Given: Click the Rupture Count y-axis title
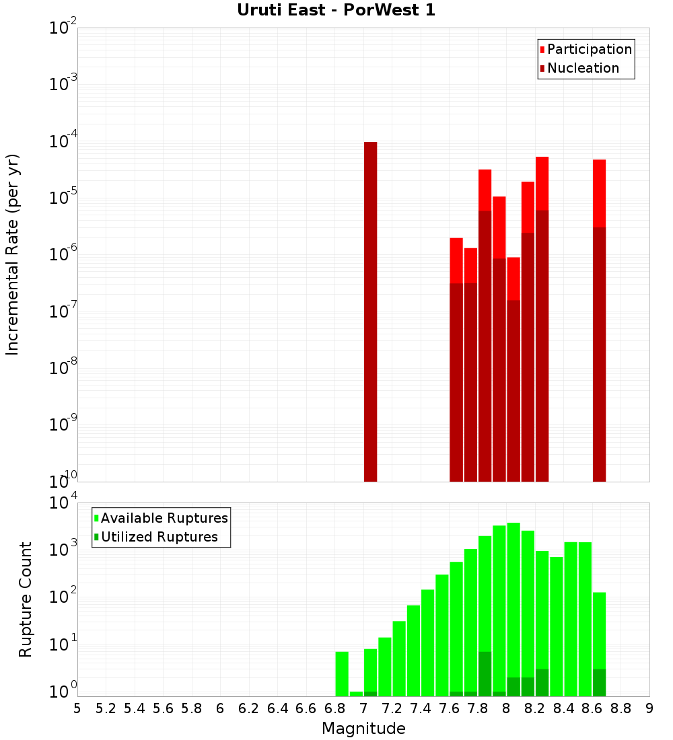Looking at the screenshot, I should pyautogui.click(x=26, y=599).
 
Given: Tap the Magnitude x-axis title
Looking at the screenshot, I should pyautogui.click(x=363, y=729).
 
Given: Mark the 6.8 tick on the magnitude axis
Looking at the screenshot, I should pyautogui.click(x=334, y=708).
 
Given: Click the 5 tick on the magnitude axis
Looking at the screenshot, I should pyautogui.click(x=77, y=708).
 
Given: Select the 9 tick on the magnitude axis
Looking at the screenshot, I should pyautogui.click(x=649, y=708).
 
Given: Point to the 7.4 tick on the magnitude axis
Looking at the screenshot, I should pyautogui.click(x=421, y=708).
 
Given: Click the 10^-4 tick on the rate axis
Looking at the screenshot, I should pyautogui.click(x=63, y=142).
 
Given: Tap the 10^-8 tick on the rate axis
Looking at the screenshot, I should pyautogui.click(x=63, y=369).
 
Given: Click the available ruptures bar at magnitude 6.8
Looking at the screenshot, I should pyautogui.click(x=342, y=673).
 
